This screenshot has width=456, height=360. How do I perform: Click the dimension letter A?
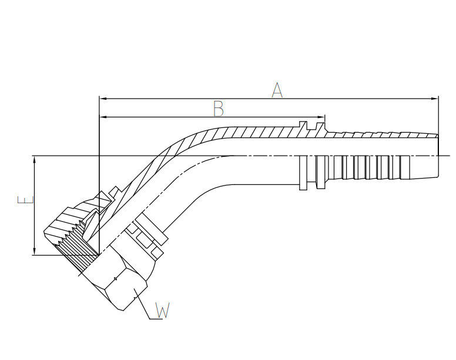pos(277,90)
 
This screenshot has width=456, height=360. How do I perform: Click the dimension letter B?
pos(219,109)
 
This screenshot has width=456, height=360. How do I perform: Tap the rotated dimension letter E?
pos(26,200)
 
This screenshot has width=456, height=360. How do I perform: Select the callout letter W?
pos(162,310)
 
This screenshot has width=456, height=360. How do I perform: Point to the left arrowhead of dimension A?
pos(103,99)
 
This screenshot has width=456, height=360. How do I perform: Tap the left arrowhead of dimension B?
pos(103,117)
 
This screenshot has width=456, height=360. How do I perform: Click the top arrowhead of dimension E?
pos(35,160)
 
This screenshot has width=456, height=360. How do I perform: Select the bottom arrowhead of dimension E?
pos(35,251)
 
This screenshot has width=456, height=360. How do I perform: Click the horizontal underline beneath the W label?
pos(156,319)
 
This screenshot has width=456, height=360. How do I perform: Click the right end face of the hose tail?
pos(438,156)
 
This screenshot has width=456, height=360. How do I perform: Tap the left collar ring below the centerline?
pos(303,173)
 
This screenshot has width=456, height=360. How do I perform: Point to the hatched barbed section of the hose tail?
pos(381,135)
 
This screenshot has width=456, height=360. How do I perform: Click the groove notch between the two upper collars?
pos(311,126)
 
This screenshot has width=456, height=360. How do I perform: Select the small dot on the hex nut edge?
pos(116,279)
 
